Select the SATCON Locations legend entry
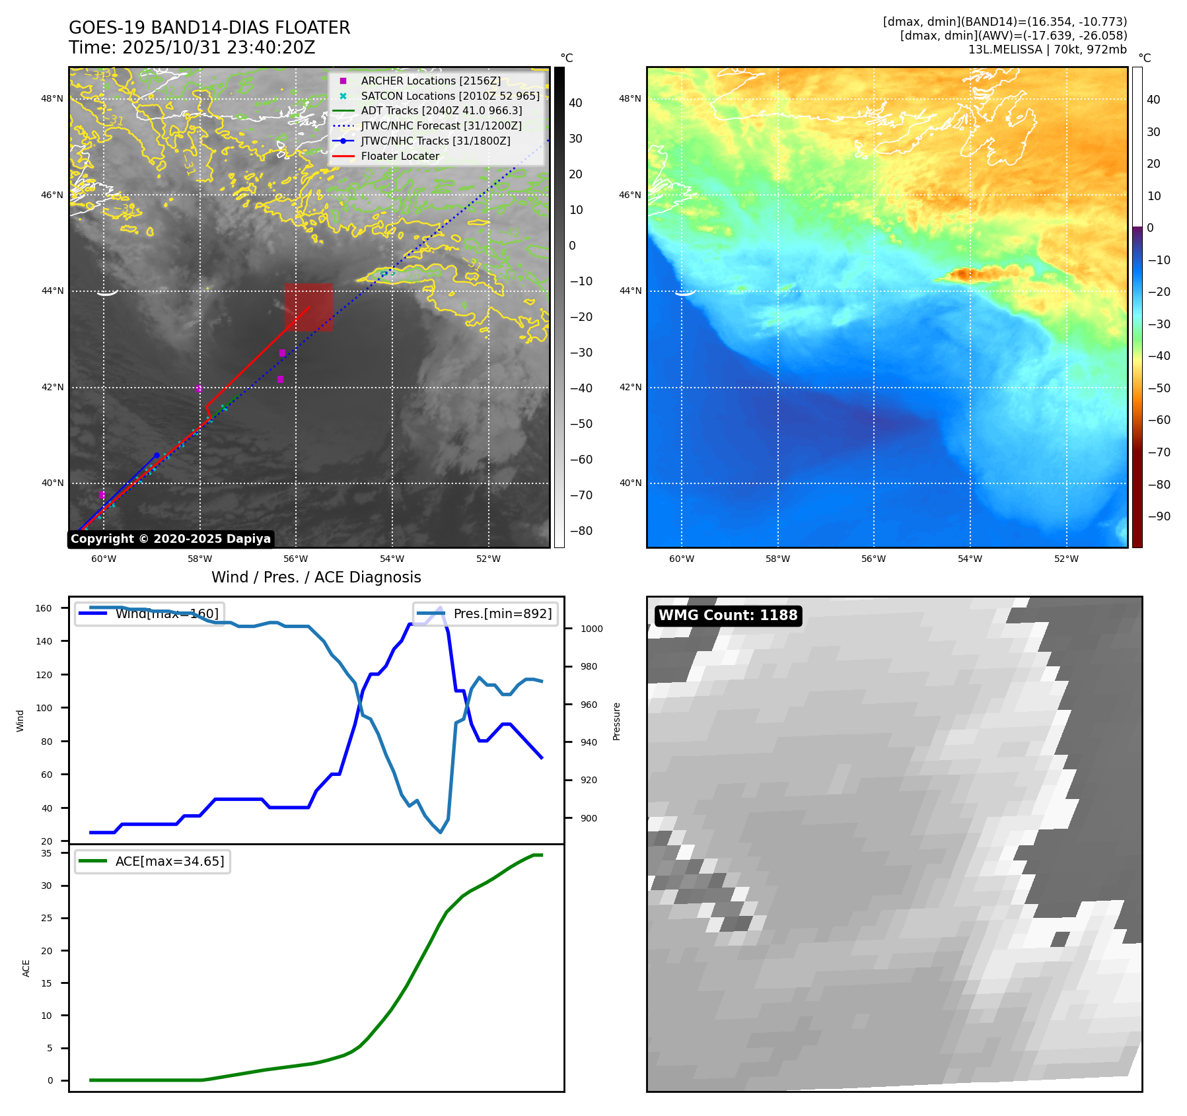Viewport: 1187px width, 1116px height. [450, 96]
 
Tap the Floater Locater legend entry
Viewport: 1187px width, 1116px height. [400, 156]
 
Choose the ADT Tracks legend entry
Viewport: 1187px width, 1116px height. [441, 110]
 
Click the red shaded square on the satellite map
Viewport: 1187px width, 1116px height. [308, 307]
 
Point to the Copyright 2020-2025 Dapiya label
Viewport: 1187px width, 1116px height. [170, 539]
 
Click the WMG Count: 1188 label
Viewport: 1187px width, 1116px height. [728, 615]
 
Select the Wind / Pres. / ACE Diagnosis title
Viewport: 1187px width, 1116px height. [316, 577]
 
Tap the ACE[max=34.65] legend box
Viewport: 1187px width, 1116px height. [153, 861]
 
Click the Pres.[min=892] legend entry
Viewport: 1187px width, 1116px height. [486, 613]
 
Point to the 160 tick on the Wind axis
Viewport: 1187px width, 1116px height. [44, 608]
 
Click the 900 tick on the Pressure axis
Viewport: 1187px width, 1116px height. [588, 818]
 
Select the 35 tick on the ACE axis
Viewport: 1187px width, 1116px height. [46, 853]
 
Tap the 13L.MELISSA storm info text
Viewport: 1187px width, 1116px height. [1047, 50]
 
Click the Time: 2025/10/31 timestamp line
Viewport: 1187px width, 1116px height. [192, 48]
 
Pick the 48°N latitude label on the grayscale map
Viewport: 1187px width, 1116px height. [53, 99]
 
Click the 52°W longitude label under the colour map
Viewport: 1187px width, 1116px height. [1065, 559]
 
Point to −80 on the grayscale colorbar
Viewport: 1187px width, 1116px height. [581, 531]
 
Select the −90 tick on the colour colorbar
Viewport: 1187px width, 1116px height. [1159, 516]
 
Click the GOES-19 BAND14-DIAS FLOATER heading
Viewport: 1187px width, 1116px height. [209, 28]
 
